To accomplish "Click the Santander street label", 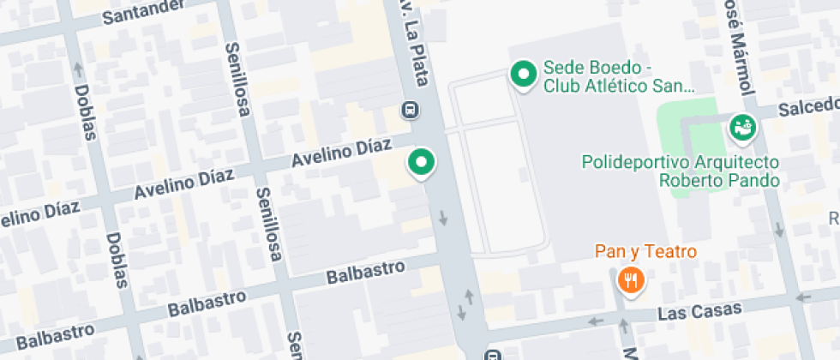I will (142, 11).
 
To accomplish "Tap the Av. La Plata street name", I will (415, 43).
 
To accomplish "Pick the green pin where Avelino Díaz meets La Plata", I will (421, 162).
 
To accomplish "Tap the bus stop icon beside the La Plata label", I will (411, 110).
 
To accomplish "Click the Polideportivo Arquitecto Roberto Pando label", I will (681, 171).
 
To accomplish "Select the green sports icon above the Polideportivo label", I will (741, 128).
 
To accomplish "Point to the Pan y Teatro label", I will (646, 253).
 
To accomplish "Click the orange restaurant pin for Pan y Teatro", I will (631, 280).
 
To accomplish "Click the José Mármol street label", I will (738, 47).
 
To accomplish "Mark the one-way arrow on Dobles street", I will (79, 66).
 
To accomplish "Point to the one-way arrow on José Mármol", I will (778, 230).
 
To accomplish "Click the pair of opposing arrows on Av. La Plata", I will (467, 301).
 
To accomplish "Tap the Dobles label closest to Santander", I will (86, 111).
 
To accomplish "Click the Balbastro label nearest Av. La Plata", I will (366, 273).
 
